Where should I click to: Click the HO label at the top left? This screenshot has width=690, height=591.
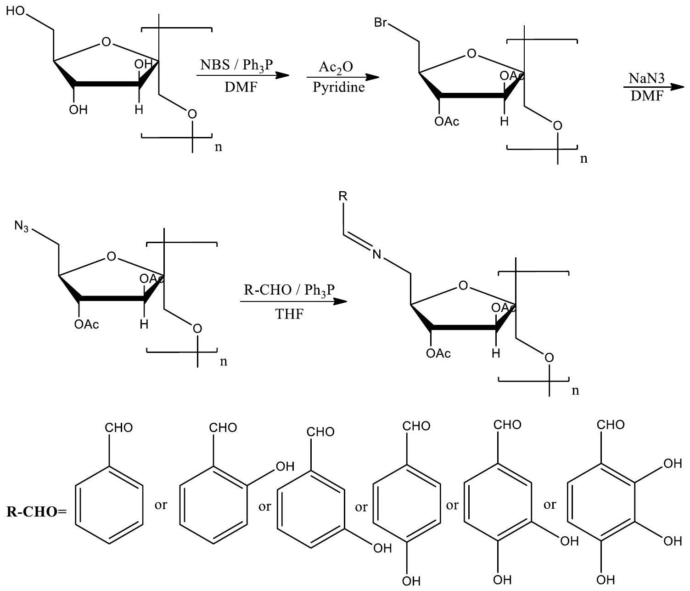[x=17, y=11]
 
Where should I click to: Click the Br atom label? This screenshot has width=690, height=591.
[x=381, y=23]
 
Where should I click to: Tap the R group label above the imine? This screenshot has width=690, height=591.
[x=342, y=196]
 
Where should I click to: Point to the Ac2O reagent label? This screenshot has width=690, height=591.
[x=337, y=67]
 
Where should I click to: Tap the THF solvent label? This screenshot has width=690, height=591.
[x=290, y=314]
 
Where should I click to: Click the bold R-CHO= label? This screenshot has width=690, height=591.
[x=37, y=511]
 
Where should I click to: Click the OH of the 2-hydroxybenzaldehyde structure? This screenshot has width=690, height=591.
[x=283, y=467]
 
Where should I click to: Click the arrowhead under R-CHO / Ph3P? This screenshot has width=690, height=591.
[x=339, y=302]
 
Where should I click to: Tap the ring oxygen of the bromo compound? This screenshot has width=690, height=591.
[x=471, y=54]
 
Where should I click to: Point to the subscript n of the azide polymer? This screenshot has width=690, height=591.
[x=224, y=361]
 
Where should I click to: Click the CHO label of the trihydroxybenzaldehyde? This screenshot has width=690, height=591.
[x=611, y=424]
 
